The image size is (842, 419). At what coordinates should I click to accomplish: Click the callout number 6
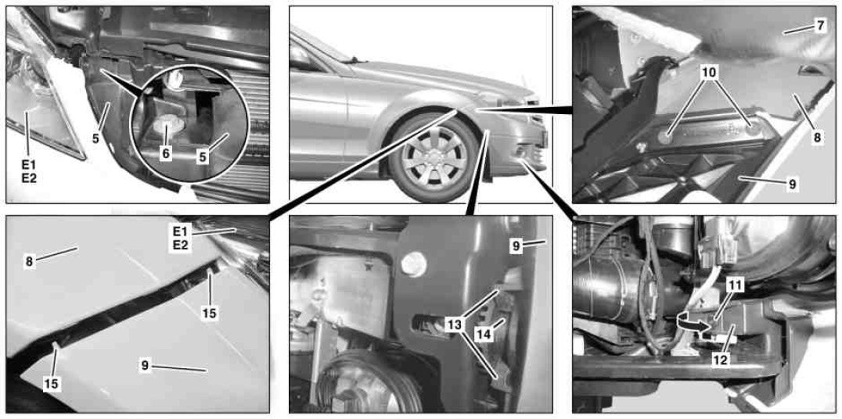(165, 154)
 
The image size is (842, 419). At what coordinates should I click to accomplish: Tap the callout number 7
(819, 26)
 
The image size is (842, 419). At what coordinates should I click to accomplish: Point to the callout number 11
(735, 285)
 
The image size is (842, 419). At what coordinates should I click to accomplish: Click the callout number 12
(720, 360)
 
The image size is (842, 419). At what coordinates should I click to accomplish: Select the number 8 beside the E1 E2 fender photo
(28, 262)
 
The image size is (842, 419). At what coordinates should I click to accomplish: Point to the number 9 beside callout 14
(516, 246)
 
